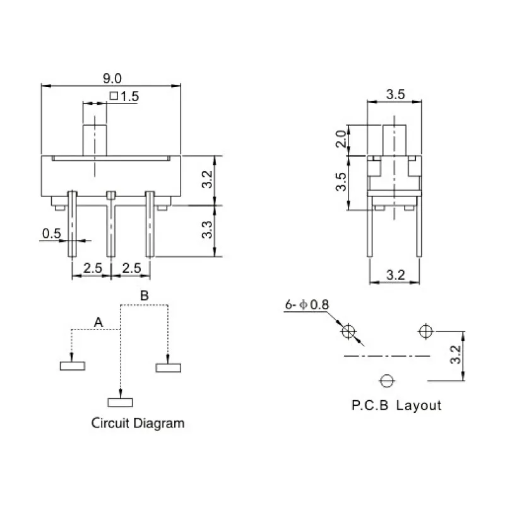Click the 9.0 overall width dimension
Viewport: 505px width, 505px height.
coord(112,78)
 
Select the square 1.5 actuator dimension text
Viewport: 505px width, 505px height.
coord(124,97)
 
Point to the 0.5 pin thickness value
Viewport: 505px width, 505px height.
coord(51,234)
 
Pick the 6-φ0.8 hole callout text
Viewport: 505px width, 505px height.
coord(307,305)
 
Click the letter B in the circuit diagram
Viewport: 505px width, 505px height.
coord(144,295)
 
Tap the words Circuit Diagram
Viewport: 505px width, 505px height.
coord(138,423)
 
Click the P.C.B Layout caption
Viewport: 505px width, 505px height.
coord(396,405)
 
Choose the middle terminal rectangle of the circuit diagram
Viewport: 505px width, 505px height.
coord(120,401)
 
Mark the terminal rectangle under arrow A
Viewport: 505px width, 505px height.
coord(72,365)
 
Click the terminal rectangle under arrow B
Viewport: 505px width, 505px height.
coord(168,367)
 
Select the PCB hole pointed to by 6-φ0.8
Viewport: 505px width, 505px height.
coord(348,332)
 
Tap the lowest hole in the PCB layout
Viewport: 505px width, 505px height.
coord(386,381)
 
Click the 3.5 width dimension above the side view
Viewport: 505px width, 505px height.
coord(395,95)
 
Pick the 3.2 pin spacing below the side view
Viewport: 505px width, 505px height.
coord(395,275)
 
